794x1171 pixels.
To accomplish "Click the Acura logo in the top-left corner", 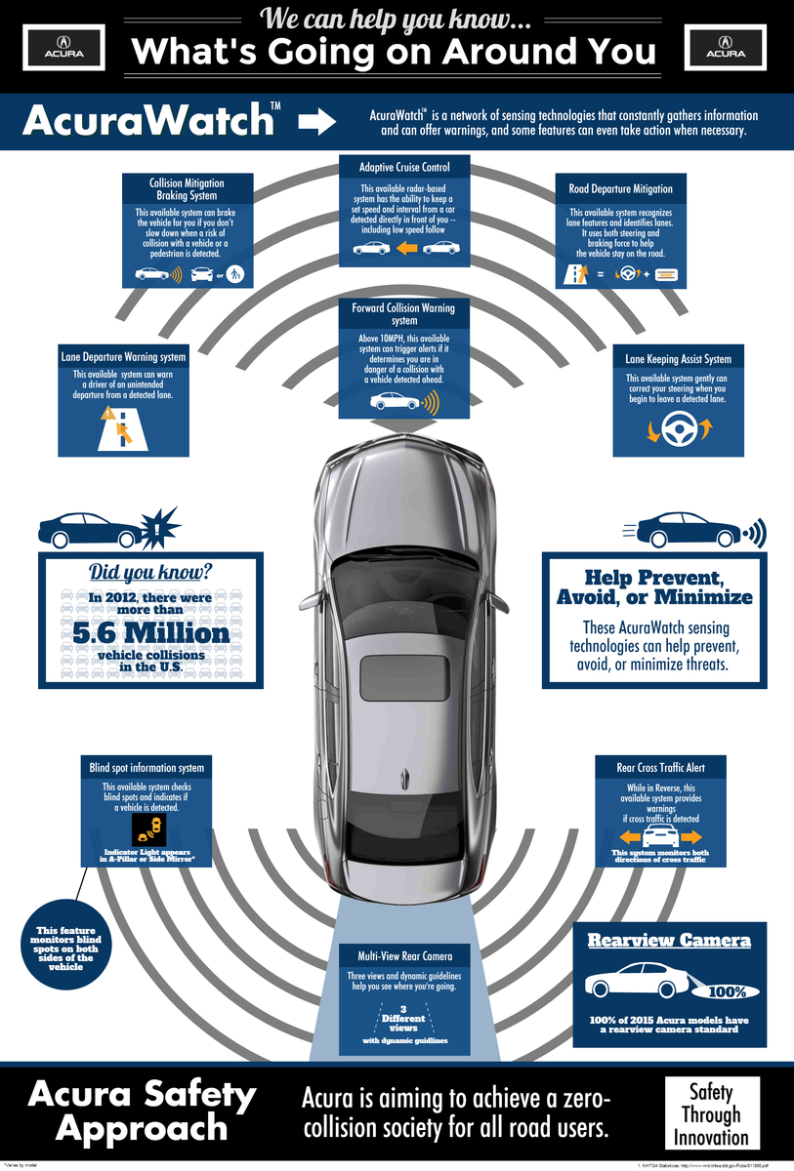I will pyautogui.click(x=63, y=48).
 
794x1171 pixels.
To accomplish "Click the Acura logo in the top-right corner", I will pyautogui.click(x=731, y=48).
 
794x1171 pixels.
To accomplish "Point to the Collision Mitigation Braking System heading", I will pyautogui.click(x=187, y=188).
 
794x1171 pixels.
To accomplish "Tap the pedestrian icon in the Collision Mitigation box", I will pyautogui.click(x=234, y=274).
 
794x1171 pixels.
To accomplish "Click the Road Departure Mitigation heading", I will pyautogui.click(x=620, y=188).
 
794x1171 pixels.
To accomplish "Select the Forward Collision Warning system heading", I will pyautogui.click(x=403, y=314).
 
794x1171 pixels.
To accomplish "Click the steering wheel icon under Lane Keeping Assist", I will pyautogui.click(x=673, y=426).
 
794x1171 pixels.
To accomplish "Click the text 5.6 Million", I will pyautogui.click(x=151, y=632).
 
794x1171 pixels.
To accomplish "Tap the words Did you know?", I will pyautogui.click(x=150, y=573).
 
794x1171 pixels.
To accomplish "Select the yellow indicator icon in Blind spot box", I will pyautogui.click(x=150, y=831).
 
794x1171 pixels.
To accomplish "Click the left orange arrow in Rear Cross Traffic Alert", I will pyautogui.click(x=629, y=837).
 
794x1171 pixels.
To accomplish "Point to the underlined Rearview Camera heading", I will pyautogui.click(x=668, y=941).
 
